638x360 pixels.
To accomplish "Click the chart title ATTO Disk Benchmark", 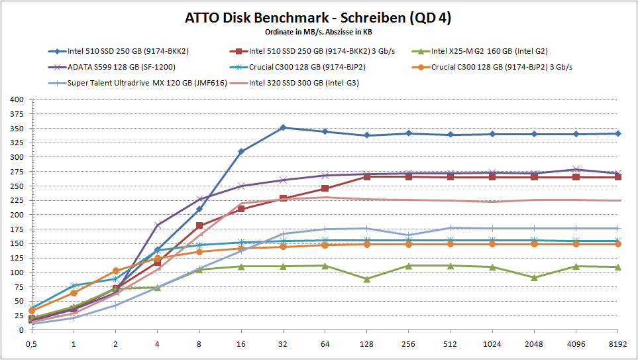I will pos(318,18).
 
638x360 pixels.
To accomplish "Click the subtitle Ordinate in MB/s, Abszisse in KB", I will pos(318,31).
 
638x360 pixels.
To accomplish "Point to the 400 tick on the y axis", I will pos(16,99).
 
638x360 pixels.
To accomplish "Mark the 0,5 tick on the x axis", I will pos(31,344).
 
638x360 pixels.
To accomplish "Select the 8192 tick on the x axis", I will pos(618,344).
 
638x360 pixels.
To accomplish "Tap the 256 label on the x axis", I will pos(408,344).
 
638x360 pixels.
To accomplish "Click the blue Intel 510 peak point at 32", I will pos(283,127).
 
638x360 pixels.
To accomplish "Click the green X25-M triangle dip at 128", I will pos(366,279).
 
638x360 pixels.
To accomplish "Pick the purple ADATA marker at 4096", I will pos(576,170).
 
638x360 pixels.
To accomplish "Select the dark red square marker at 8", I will pos(199,225).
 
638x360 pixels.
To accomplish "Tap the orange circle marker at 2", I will pos(115,270).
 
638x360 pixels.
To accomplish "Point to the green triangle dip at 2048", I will pos(534,278).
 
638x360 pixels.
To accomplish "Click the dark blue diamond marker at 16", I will pos(241,151).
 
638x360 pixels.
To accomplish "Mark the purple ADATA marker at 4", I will pos(157,225).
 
